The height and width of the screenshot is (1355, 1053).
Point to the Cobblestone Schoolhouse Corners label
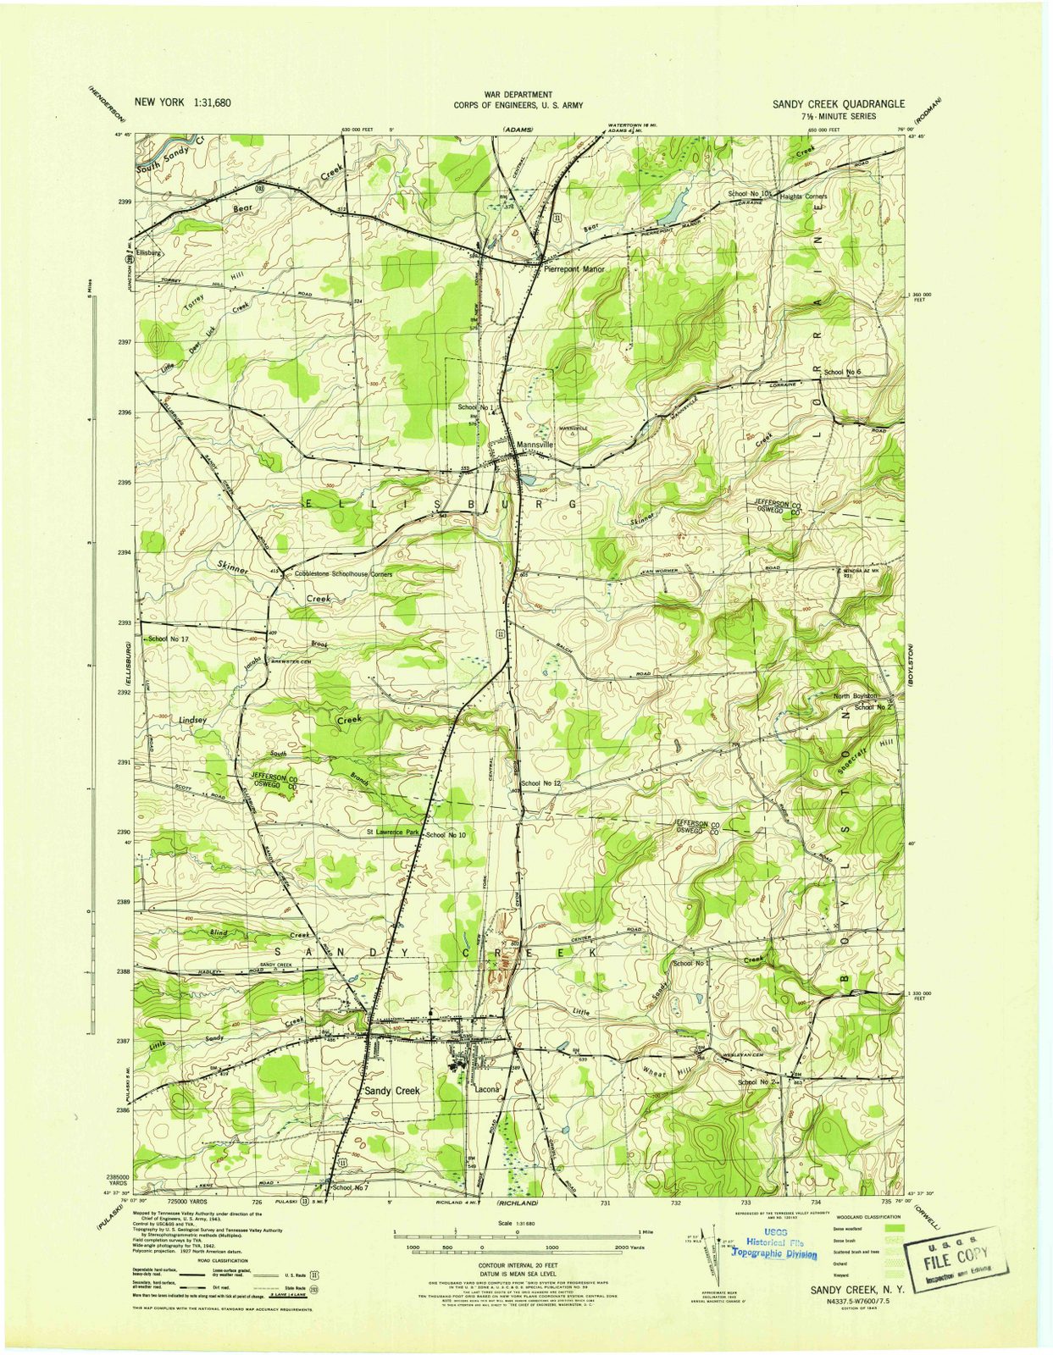tap(343, 574)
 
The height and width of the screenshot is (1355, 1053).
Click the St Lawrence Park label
tap(393, 832)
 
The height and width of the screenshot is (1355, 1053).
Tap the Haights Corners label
tap(803, 196)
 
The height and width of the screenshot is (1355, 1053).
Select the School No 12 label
tap(541, 783)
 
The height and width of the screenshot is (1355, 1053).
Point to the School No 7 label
tap(351, 1187)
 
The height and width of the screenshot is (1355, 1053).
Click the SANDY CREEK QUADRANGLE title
tap(837, 104)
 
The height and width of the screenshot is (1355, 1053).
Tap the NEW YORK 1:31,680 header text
tap(183, 102)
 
